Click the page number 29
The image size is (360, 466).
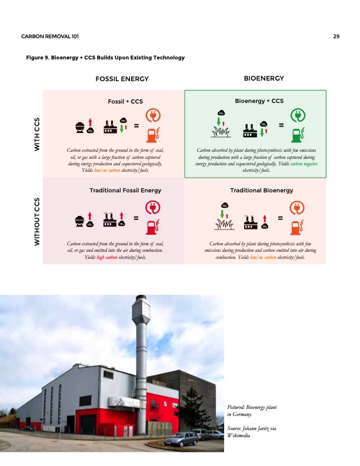(x=336, y=37)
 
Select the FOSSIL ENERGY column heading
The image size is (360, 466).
(x=122, y=79)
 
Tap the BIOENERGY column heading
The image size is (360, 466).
(x=264, y=78)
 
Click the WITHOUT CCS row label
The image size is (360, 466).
(x=38, y=221)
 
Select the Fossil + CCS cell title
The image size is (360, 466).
(x=125, y=102)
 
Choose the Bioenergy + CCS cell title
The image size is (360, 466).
(x=259, y=101)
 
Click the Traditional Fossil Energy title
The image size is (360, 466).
(x=125, y=191)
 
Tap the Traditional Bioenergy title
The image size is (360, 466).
(x=259, y=191)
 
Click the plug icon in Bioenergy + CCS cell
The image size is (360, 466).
(x=298, y=115)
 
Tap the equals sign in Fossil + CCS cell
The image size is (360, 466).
(x=136, y=125)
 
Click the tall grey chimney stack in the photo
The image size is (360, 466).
(x=141, y=347)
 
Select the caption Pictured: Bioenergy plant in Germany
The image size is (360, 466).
(x=252, y=411)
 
